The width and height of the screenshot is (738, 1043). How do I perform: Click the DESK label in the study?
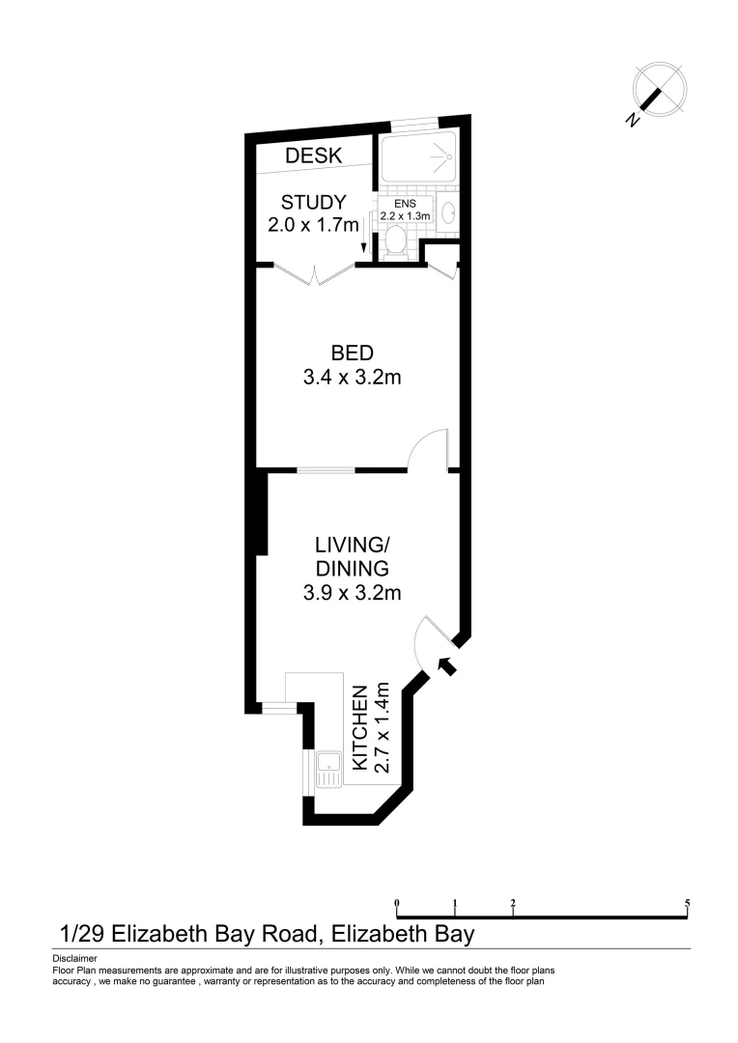coord(312,155)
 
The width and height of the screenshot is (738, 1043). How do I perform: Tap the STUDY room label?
coord(313,203)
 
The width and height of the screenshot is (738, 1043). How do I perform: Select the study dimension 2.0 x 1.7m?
coord(313,225)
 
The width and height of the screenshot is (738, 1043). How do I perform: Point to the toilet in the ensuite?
coord(393,245)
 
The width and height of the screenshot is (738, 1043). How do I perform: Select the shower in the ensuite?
coord(417,158)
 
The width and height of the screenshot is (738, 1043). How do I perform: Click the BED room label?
coord(352,352)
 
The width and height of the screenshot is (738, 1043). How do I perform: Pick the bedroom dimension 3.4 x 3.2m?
coord(352,377)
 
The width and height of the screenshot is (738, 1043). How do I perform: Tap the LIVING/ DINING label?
coord(352,556)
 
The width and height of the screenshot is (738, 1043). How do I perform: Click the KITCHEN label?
coord(359,727)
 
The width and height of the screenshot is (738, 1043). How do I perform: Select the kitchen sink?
coord(328,769)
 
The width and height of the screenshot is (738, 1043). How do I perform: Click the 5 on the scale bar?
coord(687,904)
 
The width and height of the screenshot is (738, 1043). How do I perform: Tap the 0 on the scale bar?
coord(397,904)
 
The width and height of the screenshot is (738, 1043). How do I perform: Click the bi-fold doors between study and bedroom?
coord(313,274)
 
